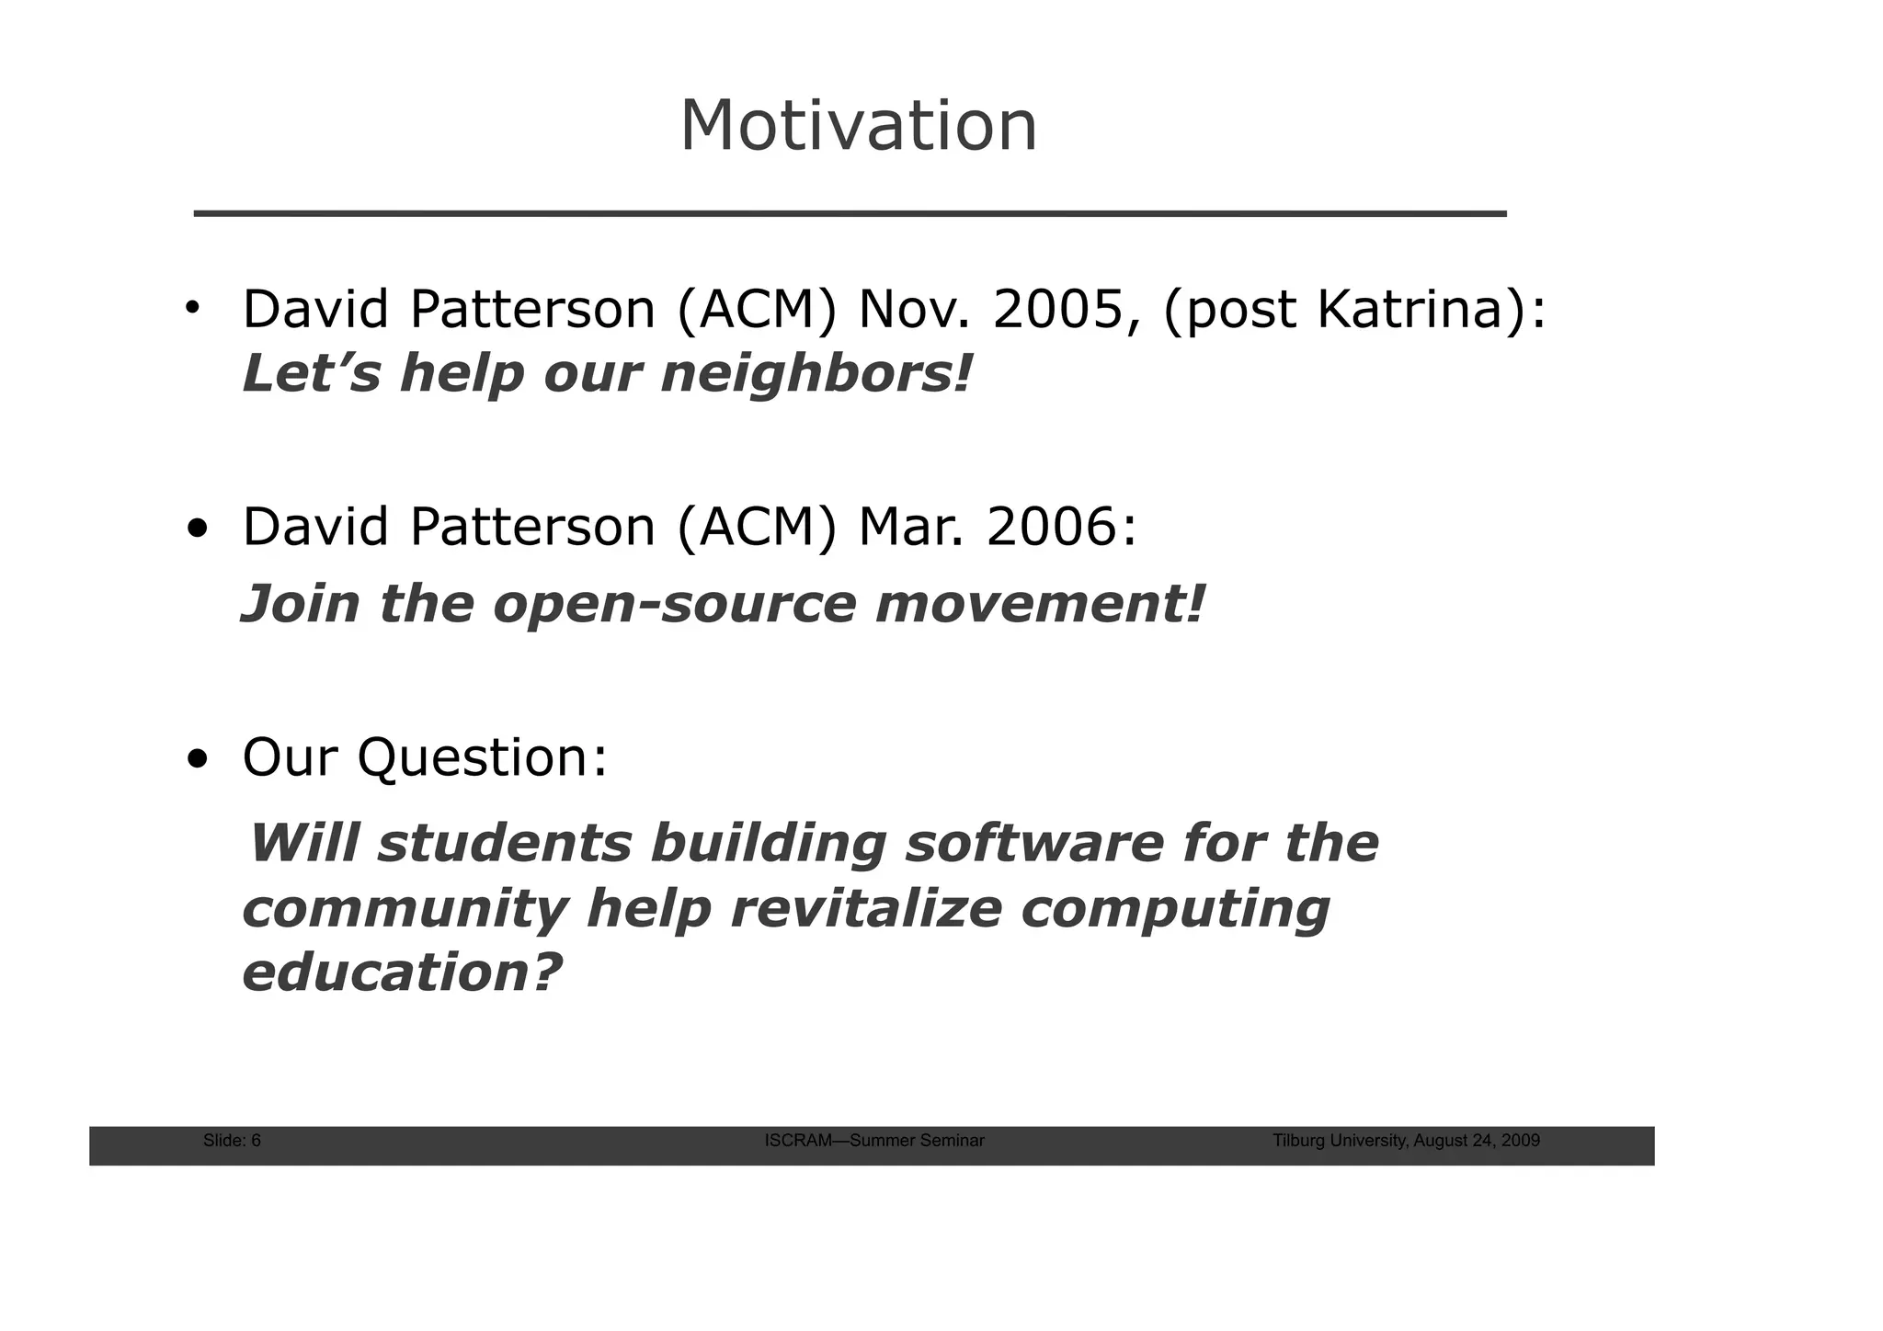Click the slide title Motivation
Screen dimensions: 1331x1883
click(858, 126)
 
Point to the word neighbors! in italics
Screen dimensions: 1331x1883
click(816, 374)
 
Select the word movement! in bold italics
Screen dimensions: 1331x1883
click(1039, 604)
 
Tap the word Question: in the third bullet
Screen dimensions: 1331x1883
click(482, 757)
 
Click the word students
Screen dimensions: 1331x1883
click(505, 843)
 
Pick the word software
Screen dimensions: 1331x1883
click(1034, 843)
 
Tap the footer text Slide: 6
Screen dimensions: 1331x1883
click(232, 1141)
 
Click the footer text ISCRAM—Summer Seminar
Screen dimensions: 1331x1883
click(874, 1141)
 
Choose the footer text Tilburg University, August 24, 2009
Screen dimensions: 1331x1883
click(1406, 1141)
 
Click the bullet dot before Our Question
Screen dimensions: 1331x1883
click(197, 760)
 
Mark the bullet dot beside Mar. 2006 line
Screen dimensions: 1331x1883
click(197, 530)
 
